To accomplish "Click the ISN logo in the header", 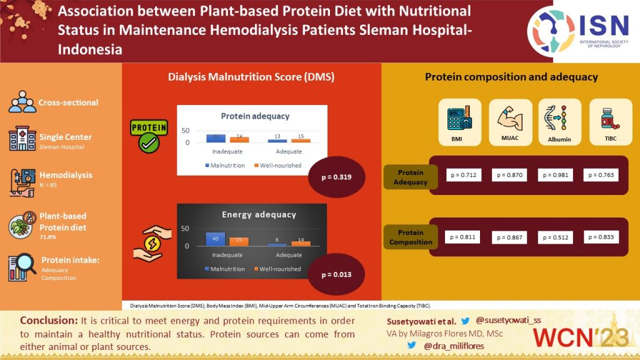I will coord(578,30).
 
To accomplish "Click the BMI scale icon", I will coord(460,117).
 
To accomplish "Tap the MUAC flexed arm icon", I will coord(510,117).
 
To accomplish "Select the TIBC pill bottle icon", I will coord(606,117).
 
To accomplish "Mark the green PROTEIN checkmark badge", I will coord(148,135).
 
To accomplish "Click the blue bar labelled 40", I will coord(215,238).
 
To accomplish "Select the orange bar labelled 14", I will coord(301,242).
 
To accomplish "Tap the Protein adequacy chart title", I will coord(255,116).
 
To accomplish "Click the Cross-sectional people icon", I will coord(22,102).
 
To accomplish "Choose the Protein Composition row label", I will coord(411,237).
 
